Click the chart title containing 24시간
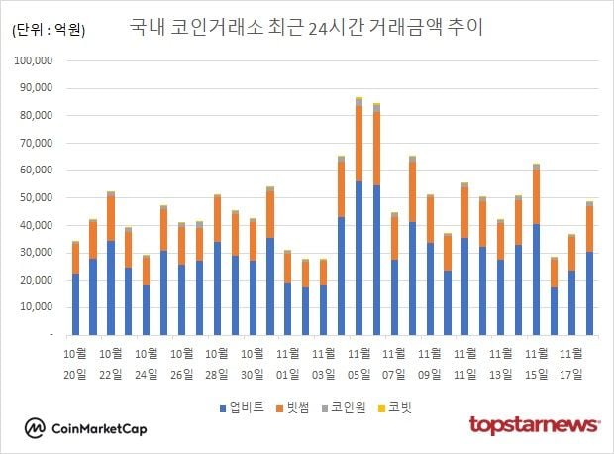[307, 27]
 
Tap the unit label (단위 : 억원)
[49, 30]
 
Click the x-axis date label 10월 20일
[75, 364]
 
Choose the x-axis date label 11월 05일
[359, 364]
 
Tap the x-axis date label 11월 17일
[572, 364]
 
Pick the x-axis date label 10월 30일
[254, 364]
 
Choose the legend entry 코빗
[400, 407]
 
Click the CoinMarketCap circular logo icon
[36, 427]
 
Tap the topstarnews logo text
[534, 425]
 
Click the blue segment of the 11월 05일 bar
[358, 258]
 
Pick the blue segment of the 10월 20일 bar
[75, 303]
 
